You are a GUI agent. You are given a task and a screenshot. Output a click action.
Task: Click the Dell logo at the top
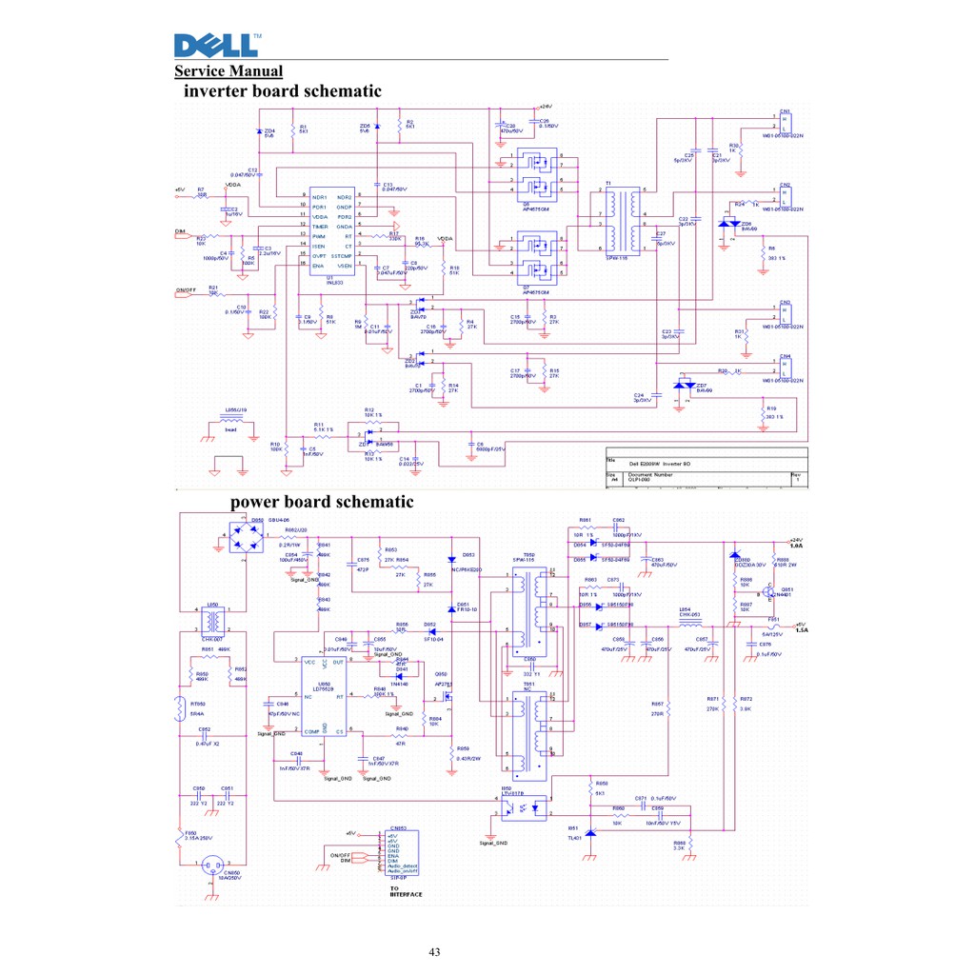point(216,45)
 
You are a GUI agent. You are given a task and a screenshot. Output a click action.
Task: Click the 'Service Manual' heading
point(229,71)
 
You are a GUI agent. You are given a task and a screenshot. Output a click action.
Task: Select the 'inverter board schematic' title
point(282,91)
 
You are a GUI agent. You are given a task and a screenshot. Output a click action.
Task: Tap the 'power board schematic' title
point(322,502)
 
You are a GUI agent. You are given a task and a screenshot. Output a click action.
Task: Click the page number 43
point(435,951)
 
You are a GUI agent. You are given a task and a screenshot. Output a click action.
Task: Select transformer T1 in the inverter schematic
point(622,218)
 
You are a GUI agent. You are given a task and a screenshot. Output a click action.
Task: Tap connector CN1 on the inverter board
point(785,122)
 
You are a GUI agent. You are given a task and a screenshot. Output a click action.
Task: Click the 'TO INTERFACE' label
point(406,891)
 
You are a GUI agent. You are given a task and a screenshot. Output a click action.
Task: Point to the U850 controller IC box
point(324,694)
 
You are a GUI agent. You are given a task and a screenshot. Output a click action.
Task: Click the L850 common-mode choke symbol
point(213,623)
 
